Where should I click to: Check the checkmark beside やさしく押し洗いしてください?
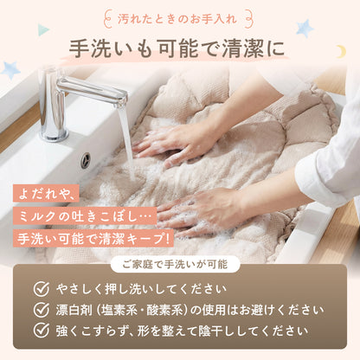[x=41, y=290]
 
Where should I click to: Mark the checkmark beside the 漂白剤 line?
[x=41, y=310]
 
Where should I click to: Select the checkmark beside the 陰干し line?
[x=41, y=330]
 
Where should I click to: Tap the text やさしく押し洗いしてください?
[x=138, y=290]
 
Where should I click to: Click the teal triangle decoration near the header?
[x=43, y=30]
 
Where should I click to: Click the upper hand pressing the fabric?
[x=173, y=138]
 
